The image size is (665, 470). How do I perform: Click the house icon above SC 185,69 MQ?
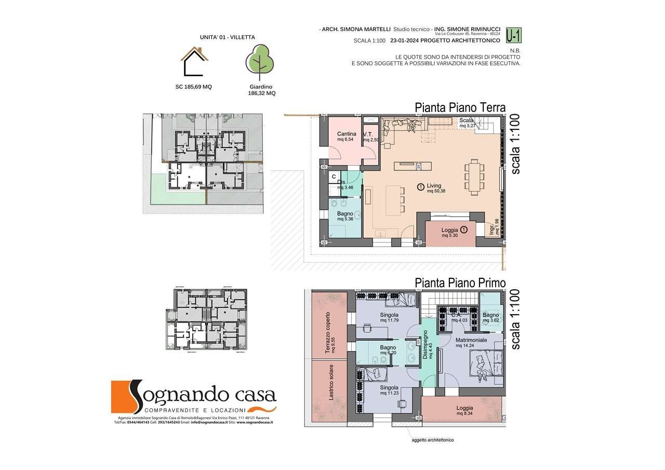(x=195, y=61)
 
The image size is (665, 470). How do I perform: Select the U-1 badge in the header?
(x=514, y=35)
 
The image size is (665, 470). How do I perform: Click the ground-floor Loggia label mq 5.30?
(x=450, y=232)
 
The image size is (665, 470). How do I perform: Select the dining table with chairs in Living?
(x=474, y=177)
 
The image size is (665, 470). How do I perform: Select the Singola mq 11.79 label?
(x=389, y=318)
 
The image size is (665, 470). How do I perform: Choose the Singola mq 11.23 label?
(x=389, y=390)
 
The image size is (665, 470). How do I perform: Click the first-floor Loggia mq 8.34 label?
(x=464, y=411)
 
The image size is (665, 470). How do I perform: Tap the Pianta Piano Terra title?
(x=460, y=108)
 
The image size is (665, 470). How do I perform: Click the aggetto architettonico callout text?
(x=433, y=440)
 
